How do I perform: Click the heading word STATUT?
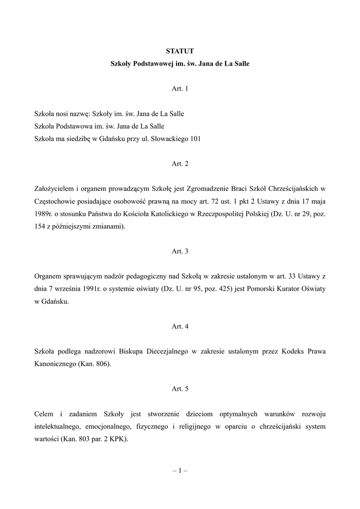(x=180, y=51)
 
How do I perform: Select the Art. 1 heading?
(x=180, y=89)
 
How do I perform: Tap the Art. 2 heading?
(x=180, y=164)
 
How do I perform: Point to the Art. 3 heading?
(x=180, y=252)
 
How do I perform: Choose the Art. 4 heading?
(x=180, y=327)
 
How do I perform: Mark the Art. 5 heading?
(x=180, y=389)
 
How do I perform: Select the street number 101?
(x=195, y=139)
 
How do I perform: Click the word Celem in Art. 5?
(x=44, y=414)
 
